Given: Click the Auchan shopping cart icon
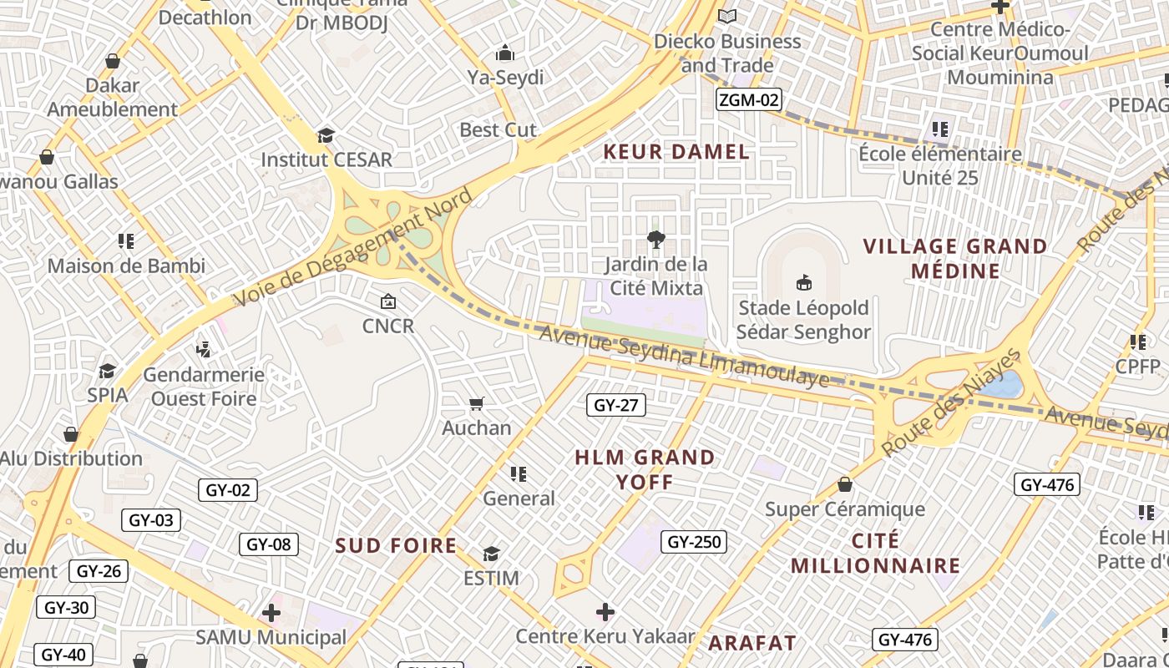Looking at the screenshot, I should pos(476,404).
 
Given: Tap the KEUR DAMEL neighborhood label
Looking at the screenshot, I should pos(676,152).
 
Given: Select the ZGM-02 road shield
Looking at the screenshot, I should pos(749,100).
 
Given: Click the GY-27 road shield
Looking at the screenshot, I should pos(616,406).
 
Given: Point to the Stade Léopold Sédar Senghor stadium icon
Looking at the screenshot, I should pos(804,282).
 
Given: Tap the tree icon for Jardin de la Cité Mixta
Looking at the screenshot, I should pos(656,240).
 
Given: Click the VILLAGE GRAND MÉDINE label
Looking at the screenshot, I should pos(955,259).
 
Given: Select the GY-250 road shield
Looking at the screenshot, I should pos(695,542).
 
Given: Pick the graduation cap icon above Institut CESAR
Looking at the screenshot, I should pos(326,135).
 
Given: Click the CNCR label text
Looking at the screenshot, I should pos(388,326).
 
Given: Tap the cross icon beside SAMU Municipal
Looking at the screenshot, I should pos(271,614).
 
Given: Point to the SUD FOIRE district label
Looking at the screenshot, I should pos(396,546).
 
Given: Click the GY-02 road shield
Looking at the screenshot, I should pos(228,490).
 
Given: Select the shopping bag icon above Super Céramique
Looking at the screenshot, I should pos(845,485).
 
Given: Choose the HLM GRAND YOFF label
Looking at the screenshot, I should pos(645,469).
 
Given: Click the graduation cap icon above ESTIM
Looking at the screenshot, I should pos(491,554).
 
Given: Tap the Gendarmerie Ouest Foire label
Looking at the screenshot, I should pos(204,387).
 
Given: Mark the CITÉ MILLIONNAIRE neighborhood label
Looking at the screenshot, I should pos(875,553).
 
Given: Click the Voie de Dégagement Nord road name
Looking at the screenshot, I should pos(353,248).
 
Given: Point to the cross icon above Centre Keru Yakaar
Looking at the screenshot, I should pos(605,612).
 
